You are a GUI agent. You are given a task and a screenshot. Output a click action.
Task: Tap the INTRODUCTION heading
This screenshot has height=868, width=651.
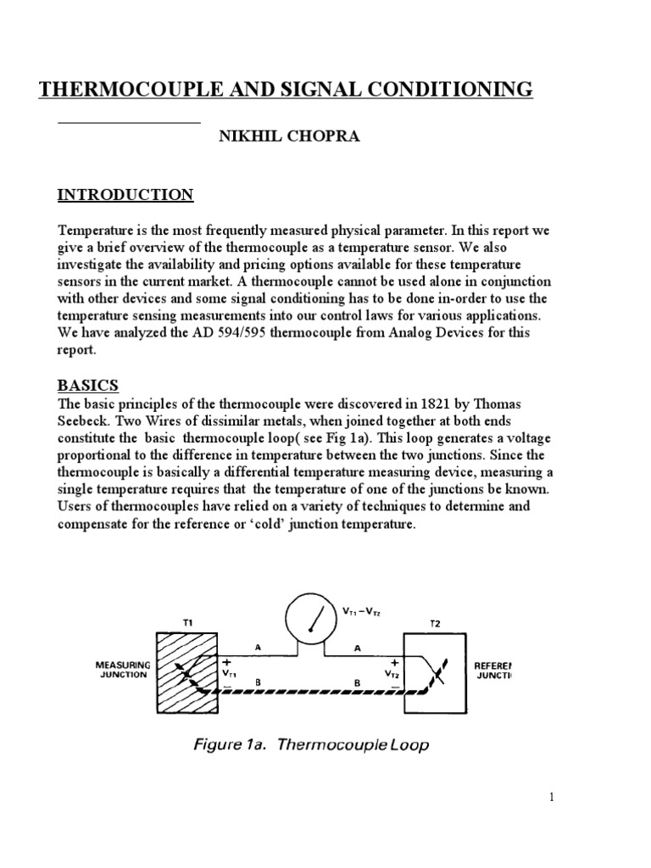point(125,195)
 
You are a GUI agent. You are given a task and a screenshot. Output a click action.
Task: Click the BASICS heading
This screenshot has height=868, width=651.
point(88,386)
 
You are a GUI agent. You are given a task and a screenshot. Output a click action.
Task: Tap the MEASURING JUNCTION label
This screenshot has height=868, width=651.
point(122,671)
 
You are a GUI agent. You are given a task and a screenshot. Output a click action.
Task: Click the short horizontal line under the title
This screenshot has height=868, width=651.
point(128,123)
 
